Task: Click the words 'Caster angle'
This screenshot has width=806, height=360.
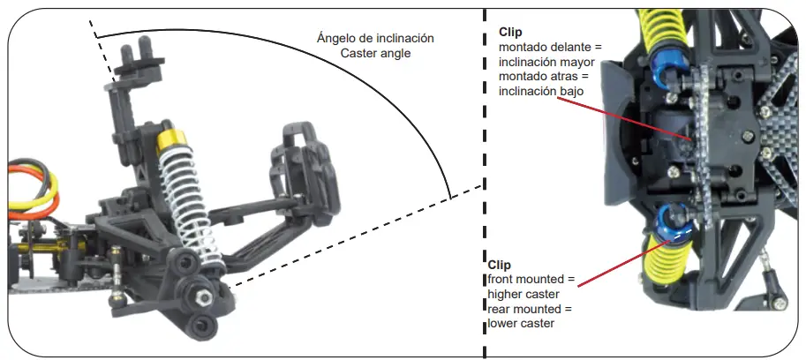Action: (375, 54)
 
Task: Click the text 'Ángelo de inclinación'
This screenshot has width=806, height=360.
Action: (375, 39)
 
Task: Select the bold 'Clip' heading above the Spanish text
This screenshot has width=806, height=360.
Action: (511, 32)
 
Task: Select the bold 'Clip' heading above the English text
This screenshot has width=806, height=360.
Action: (500, 265)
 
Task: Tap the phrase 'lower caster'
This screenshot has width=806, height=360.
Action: (521, 324)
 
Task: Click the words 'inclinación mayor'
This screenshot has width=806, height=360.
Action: (546, 62)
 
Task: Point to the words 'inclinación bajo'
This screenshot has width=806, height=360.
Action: (541, 92)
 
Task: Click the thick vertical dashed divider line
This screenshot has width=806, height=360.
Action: (485, 176)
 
